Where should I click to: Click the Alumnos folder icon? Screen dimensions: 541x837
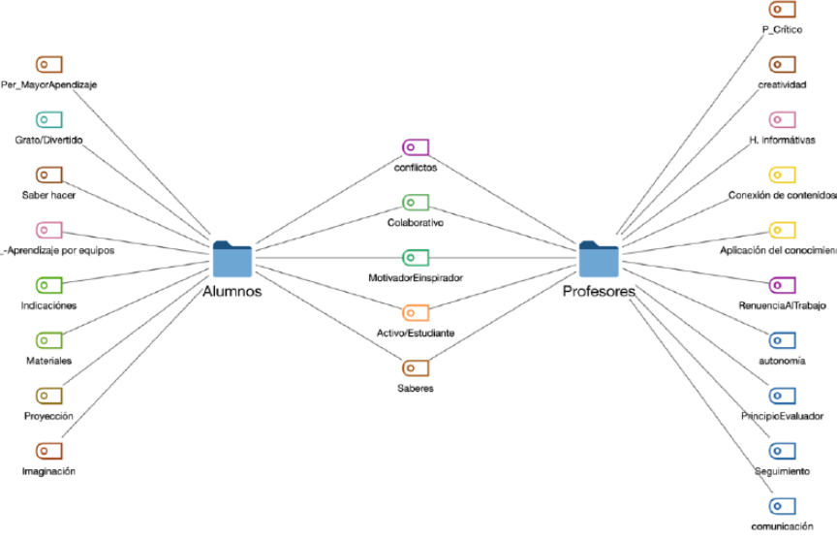coord(232,259)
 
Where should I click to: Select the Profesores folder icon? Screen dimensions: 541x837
coord(599,259)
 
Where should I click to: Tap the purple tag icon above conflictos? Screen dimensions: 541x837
coord(415,147)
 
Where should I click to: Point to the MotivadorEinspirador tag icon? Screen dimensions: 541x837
coord(415,258)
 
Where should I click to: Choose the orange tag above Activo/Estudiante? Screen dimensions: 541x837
coord(415,313)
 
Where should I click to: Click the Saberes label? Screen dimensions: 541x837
coord(415,388)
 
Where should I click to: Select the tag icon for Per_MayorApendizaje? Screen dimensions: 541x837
coord(49,65)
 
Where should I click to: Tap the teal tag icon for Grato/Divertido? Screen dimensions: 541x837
coord(49,120)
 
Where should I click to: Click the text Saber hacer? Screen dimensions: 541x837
coord(49,194)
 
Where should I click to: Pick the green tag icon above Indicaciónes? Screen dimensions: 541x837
coord(49,286)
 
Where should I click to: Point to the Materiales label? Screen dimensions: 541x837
coord(49,361)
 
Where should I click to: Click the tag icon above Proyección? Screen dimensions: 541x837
coord(49,396)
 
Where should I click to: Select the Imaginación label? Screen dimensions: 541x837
coord(49,471)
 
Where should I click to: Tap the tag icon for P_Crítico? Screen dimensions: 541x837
coord(782,10)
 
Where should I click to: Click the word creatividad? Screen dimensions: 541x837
coord(782,84)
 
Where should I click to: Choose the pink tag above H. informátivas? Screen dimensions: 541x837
coord(782,120)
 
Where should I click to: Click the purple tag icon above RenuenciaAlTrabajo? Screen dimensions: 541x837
coord(782,286)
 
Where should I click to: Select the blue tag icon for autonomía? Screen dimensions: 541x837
coord(782,340)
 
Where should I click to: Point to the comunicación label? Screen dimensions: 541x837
coord(782,526)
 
